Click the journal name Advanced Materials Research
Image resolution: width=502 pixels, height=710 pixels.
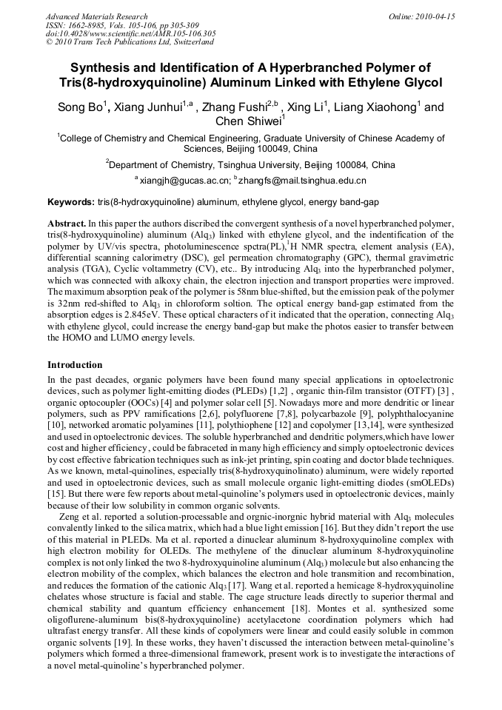point(96,16)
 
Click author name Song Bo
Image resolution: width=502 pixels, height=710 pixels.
point(79,107)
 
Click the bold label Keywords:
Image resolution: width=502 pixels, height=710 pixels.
point(71,202)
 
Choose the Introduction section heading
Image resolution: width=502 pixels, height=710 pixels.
point(75,365)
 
